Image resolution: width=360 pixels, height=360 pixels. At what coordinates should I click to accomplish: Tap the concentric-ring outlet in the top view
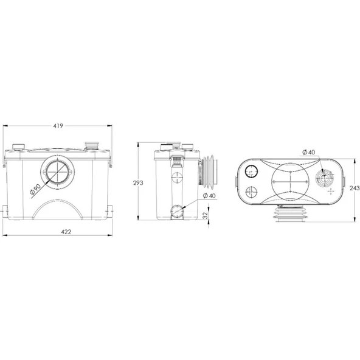(327, 178)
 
